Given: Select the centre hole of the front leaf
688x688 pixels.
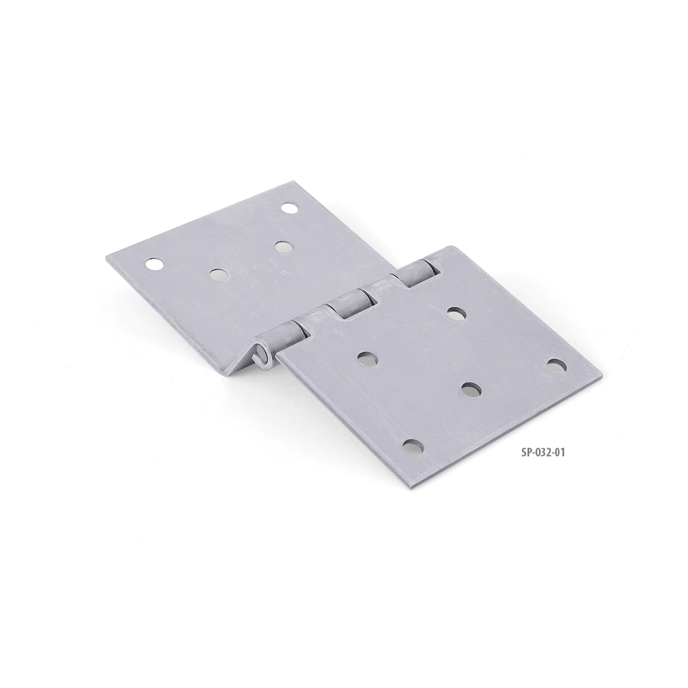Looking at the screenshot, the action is click(x=471, y=390).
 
